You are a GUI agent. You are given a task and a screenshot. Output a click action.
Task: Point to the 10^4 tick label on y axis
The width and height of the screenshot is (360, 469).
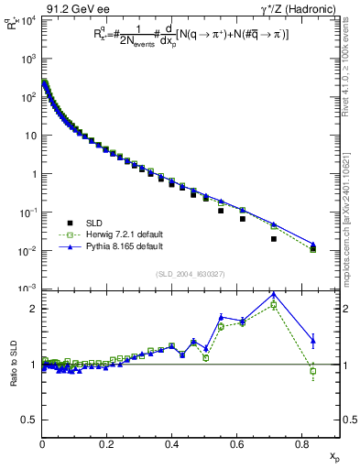tap(27, 19)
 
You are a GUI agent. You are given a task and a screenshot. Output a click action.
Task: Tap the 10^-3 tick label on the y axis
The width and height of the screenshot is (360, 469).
tap(27, 289)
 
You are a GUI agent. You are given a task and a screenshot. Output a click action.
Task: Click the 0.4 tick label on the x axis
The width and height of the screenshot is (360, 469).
tap(172, 443)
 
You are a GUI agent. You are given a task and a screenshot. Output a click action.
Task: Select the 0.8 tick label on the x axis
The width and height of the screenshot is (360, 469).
tap(301, 443)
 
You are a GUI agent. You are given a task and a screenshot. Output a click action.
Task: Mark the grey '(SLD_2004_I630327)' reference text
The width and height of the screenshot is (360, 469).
tap(191, 274)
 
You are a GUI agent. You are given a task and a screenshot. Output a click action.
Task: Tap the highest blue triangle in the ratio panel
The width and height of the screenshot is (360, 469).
tap(274, 295)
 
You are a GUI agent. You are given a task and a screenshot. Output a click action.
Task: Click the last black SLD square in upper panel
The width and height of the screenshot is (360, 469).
tap(313, 249)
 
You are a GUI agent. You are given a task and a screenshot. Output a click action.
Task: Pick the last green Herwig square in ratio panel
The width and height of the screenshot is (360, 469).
tap(313, 371)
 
